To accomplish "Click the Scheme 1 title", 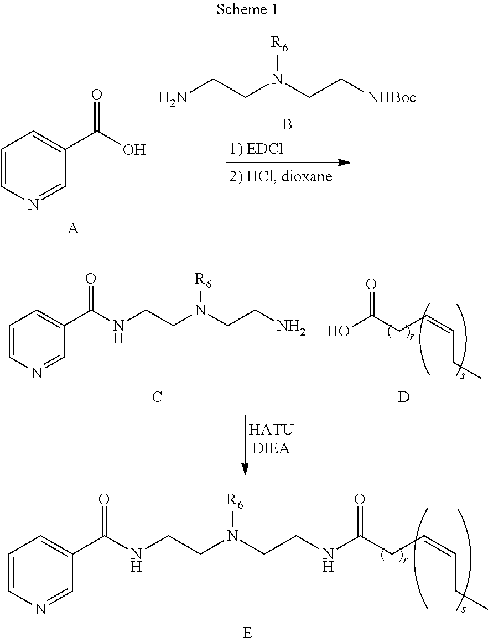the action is coord(247,10).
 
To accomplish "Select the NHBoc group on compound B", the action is coord(392,98).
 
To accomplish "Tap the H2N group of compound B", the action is coord(172,99).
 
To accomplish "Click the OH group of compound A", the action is coord(134,149).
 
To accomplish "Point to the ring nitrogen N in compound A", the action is coord(33,205).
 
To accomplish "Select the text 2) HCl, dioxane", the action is coord(281,177).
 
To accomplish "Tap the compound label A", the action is coord(72,228).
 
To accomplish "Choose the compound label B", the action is coord(287,125).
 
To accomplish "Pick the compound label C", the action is coord(157,397).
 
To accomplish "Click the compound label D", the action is coord(404,397).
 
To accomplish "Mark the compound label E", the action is coord(247,631).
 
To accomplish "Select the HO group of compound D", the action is coord(339,332).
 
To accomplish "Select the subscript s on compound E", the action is coord(463,609).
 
